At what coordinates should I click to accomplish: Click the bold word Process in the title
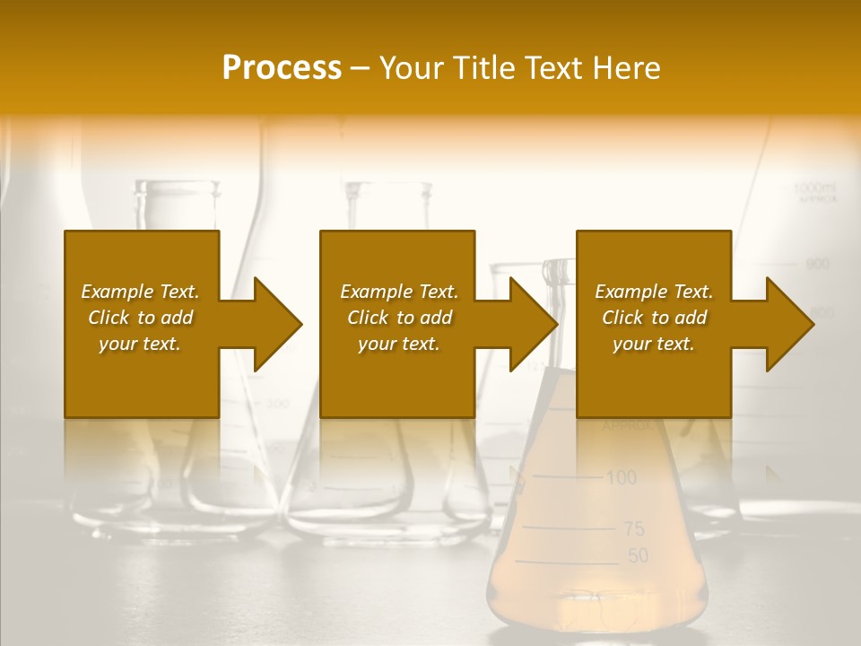coord(282,67)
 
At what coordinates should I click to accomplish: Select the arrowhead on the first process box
coord(273,324)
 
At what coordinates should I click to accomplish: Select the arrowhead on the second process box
coord(529,324)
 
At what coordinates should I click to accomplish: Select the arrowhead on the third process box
coord(786,324)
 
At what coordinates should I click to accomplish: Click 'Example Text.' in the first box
coord(140,292)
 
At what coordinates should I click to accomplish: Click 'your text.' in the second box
coord(398,344)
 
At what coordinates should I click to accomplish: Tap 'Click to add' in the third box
coord(654,318)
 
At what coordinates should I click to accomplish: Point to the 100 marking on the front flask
coord(621,477)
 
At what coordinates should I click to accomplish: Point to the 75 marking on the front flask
coord(634,528)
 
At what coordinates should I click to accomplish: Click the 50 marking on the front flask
coord(638,556)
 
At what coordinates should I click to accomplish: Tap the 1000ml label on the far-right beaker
coord(814,188)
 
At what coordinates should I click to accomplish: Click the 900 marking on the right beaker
coord(817,264)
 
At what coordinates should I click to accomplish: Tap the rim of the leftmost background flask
coord(177,186)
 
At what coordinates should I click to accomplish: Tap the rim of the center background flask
coord(387,187)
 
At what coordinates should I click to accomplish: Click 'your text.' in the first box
coord(139,344)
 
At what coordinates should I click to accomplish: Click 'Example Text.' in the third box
coord(654,292)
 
